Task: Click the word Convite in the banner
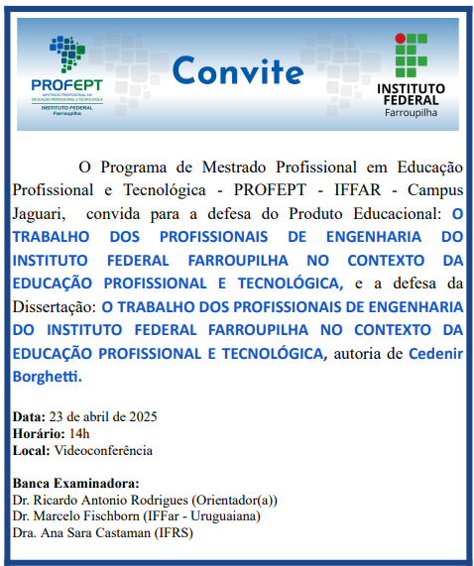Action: tap(238, 71)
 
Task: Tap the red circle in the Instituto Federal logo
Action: tap(401, 40)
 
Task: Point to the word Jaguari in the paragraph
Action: tap(40, 212)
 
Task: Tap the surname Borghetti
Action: tap(48, 377)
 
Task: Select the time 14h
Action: tap(78, 433)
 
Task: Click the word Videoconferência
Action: tap(103, 450)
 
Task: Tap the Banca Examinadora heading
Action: tap(65, 483)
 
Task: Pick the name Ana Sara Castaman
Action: tap(93, 532)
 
